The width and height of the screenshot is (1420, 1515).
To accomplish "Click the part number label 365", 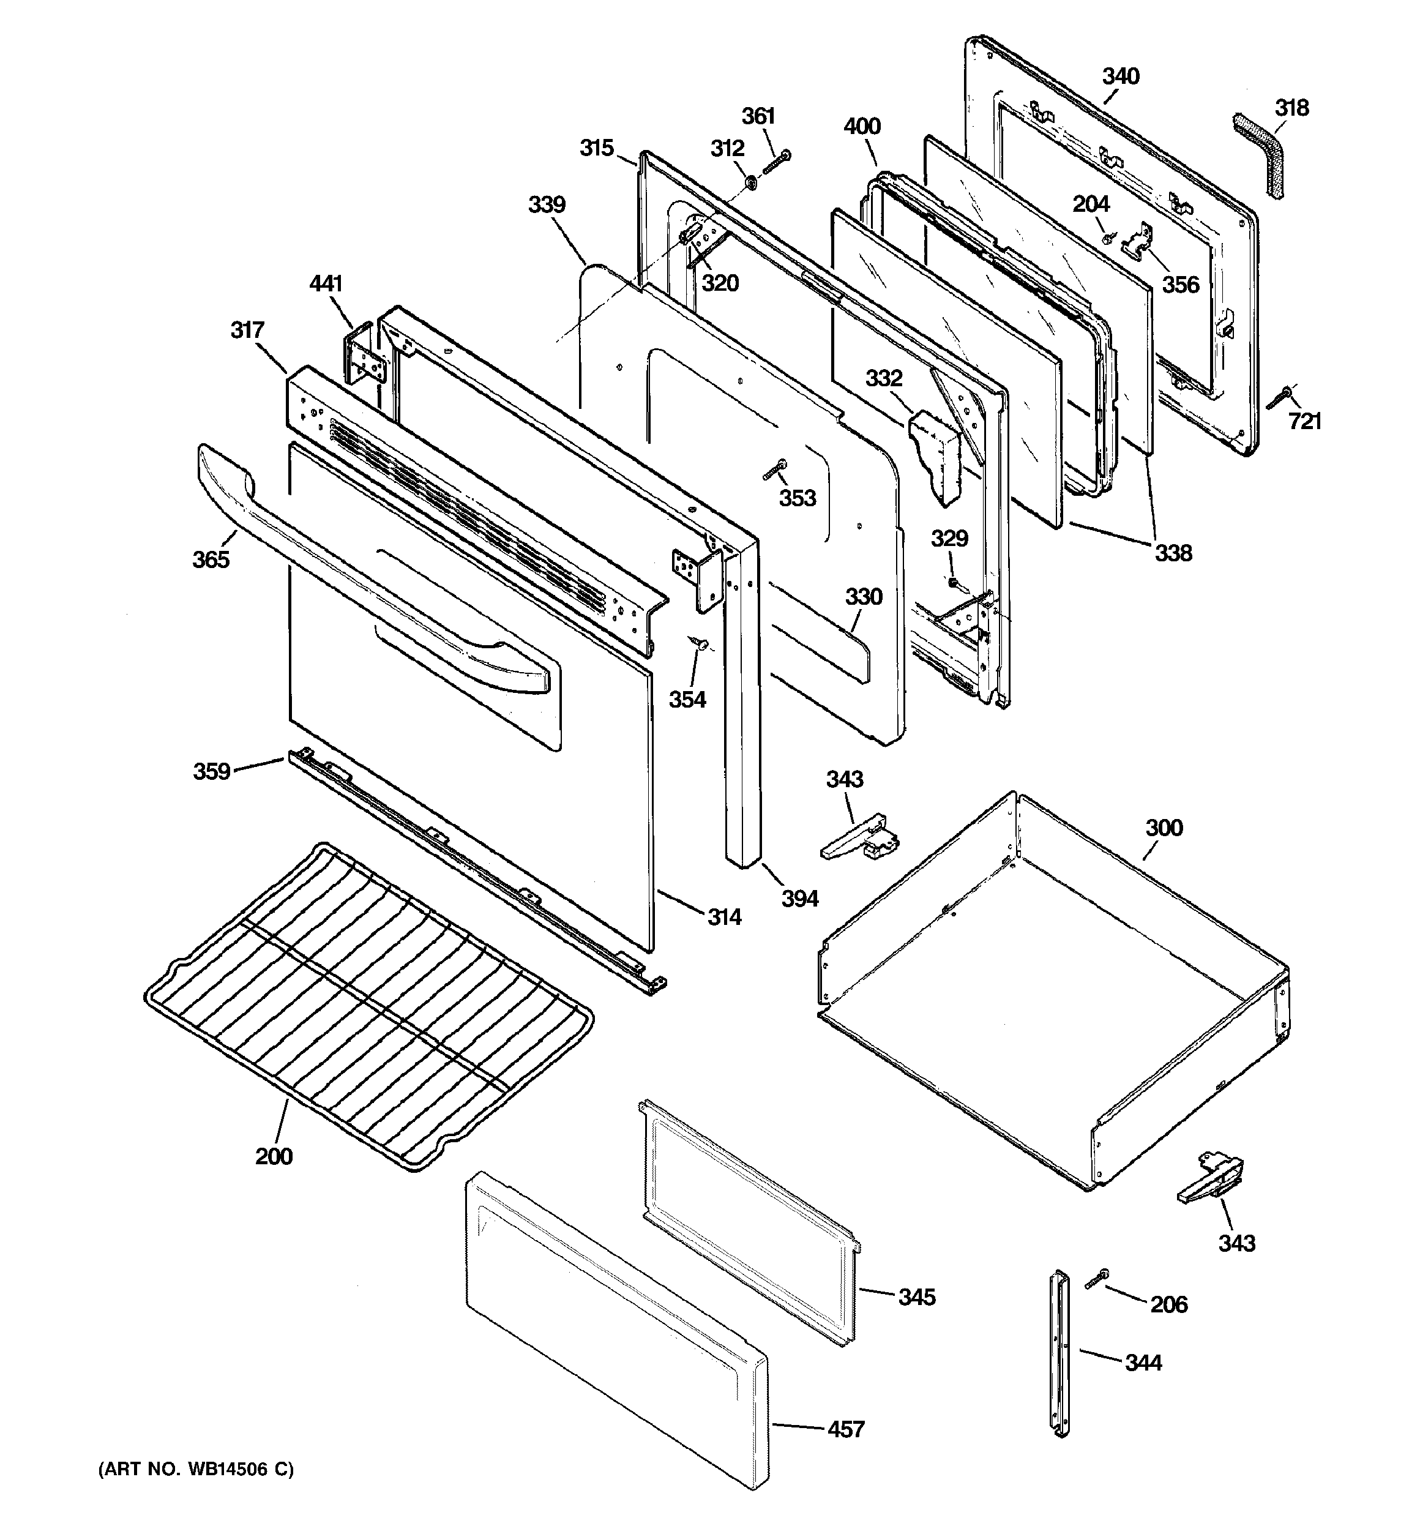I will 211,559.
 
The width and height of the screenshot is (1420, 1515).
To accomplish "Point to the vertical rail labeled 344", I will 1059,1353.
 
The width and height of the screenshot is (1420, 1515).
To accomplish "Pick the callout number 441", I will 326,283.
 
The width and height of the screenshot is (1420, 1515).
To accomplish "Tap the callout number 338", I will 1172,553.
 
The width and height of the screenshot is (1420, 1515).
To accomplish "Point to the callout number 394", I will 799,899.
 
